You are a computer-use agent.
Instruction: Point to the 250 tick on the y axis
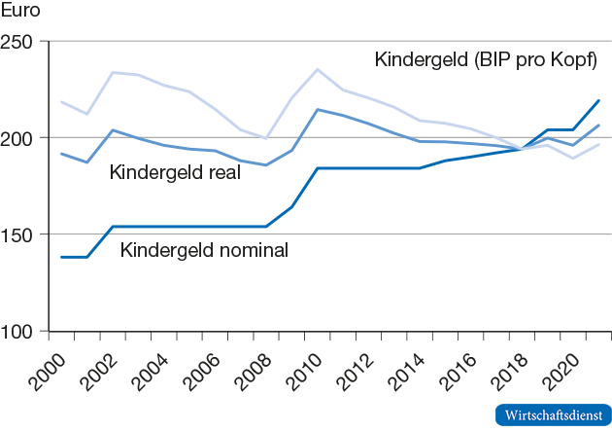(20, 42)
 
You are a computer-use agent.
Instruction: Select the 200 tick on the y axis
(20, 138)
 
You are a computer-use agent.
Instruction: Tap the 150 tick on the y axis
(20, 234)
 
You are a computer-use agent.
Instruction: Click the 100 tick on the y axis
(20, 331)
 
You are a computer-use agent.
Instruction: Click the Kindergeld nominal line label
(204, 250)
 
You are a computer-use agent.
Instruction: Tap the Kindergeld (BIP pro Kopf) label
(486, 59)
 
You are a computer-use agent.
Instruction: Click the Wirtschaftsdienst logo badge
(552, 414)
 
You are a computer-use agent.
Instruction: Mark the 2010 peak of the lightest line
(318, 69)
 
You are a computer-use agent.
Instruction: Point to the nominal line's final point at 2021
(598, 100)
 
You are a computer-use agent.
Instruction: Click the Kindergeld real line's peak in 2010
(318, 109)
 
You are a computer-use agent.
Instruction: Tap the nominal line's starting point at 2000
(61, 257)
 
